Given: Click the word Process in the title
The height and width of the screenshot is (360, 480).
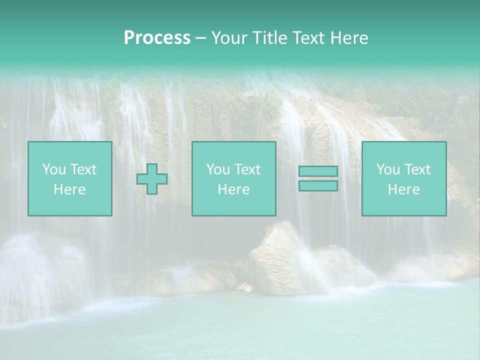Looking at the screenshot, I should click(x=157, y=38).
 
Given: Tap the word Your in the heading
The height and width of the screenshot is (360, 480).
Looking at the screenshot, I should click(x=228, y=38).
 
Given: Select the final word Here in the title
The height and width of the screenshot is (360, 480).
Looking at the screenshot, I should click(x=349, y=38).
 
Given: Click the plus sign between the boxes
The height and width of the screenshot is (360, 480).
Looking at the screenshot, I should click(x=152, y=178).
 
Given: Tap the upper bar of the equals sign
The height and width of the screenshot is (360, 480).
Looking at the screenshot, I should click(x=318, y=171).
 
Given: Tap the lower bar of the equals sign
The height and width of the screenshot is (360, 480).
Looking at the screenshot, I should click(x=318, y=186).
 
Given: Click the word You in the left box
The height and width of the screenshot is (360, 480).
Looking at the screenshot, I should click(x=54, y=169).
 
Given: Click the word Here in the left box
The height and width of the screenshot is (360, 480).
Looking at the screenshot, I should click(x=70, y=189).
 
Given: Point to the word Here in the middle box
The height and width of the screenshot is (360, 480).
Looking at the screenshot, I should click(x=234, y=189).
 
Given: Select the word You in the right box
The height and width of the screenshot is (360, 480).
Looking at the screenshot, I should click(x=388, y=169).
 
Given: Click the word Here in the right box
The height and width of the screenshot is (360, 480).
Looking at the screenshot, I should click(x=404, y=189).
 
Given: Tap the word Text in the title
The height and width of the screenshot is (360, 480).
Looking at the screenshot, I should click(x=307, y=38).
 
